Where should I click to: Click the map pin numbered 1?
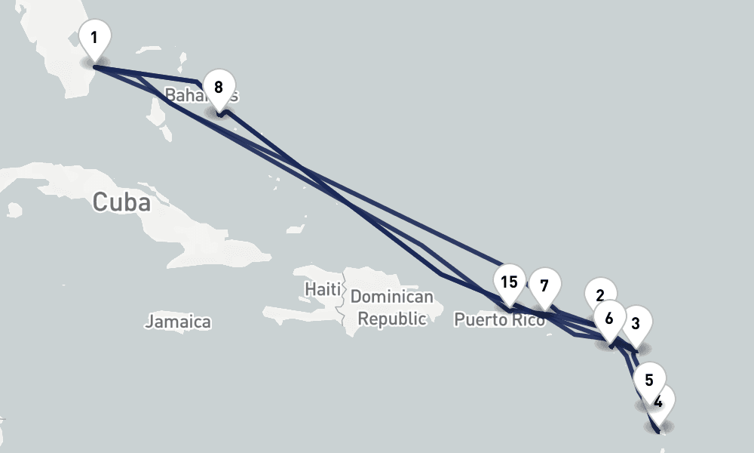94,38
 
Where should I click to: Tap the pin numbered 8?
219,87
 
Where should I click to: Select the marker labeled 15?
509,282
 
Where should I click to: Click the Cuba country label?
121,202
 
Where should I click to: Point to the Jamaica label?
178,322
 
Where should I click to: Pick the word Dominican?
391,297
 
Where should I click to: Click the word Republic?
391,319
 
